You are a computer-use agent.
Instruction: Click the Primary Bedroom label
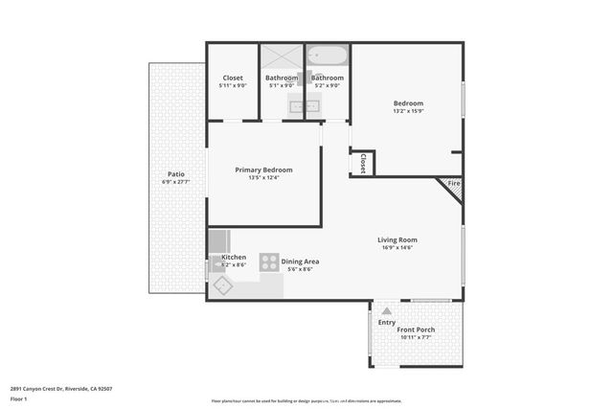(264, 170)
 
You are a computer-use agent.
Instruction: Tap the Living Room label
(397, 239)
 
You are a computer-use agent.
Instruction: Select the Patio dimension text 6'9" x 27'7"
(173, 182)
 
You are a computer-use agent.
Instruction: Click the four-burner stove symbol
(269, 261)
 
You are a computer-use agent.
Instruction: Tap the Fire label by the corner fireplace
(454, 183)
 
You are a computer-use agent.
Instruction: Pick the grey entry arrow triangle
(386, 311)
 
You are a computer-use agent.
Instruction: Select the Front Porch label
(417, 329)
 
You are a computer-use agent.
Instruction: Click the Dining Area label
(300, 261)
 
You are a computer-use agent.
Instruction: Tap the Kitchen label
(234, 257)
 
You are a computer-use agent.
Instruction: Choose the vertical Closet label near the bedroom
(363, 164)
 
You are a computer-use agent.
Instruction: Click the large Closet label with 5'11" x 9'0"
(232, 78)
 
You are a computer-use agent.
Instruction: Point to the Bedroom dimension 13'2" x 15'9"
(408, 111)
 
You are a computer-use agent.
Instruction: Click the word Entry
(386, 323)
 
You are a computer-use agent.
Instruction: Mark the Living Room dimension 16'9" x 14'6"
(397, 248)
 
